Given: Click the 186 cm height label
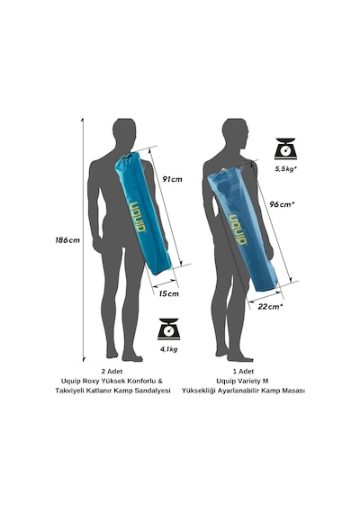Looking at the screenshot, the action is tap(67, 240).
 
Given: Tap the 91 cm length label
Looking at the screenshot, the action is tap(172, 179).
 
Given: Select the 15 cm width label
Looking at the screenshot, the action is tap(169, 293).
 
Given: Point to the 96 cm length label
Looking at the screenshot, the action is tap(282, 204).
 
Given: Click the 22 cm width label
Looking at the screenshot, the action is tap(270, 307).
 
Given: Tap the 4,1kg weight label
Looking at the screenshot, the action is tap(169, 349).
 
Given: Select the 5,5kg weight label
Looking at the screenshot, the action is tap(285, 169).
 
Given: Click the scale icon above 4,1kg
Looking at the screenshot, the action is tap(169, 328).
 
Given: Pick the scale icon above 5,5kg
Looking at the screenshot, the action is tap(285, 148).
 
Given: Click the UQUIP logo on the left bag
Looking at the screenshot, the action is tap(138, 217).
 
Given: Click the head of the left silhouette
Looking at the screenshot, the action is tap(124, 130).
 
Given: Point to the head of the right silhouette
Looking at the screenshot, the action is tap(234, 130).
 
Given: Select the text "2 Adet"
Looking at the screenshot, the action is tap(112, 372).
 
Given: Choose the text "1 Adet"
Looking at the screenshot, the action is tap(243, 372).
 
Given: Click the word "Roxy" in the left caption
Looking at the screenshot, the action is tap(91, 381).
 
